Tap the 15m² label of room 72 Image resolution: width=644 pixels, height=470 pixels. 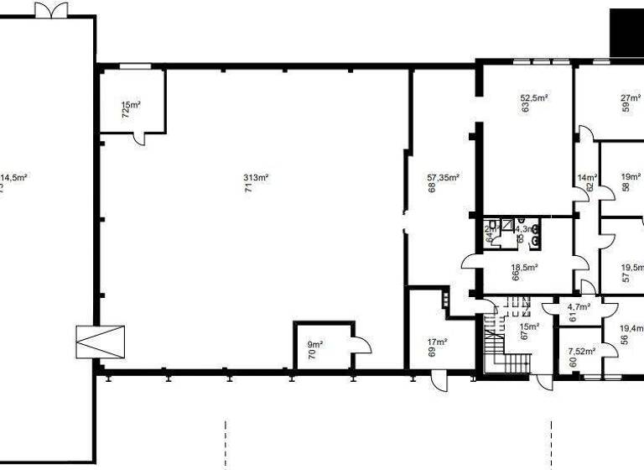tap(130, 105)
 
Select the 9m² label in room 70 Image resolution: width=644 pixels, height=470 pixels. tap(315, 344)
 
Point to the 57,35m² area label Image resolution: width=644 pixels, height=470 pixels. tap(444, 177)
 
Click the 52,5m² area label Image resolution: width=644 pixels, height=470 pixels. tap(533, 97)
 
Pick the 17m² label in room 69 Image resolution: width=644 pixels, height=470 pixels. tap(438, 342)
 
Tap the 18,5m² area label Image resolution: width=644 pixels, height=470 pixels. tap(524, 268)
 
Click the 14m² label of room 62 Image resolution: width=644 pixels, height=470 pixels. tap(587, 177)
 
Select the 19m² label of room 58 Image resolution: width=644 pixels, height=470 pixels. tap(631, 177)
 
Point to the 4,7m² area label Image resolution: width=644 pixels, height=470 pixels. tap(579, 307)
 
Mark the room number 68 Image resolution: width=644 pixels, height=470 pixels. tap(432, 188)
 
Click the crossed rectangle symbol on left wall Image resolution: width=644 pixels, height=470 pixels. tap(99, 341)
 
